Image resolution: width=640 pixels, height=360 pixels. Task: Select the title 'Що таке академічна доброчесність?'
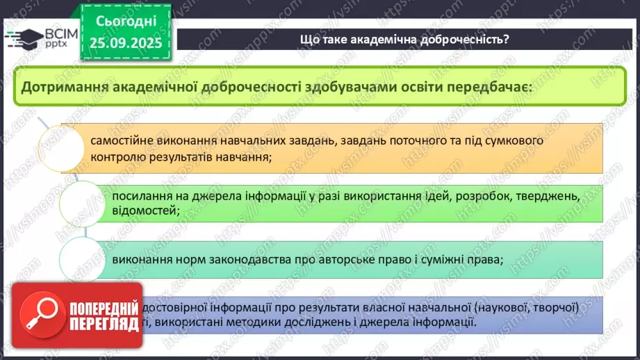click(x=404, y=39)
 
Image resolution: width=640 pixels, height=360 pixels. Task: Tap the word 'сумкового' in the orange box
click(x=515, y=140)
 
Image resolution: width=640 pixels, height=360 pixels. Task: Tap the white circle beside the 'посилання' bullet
click(x=81, y=202)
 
